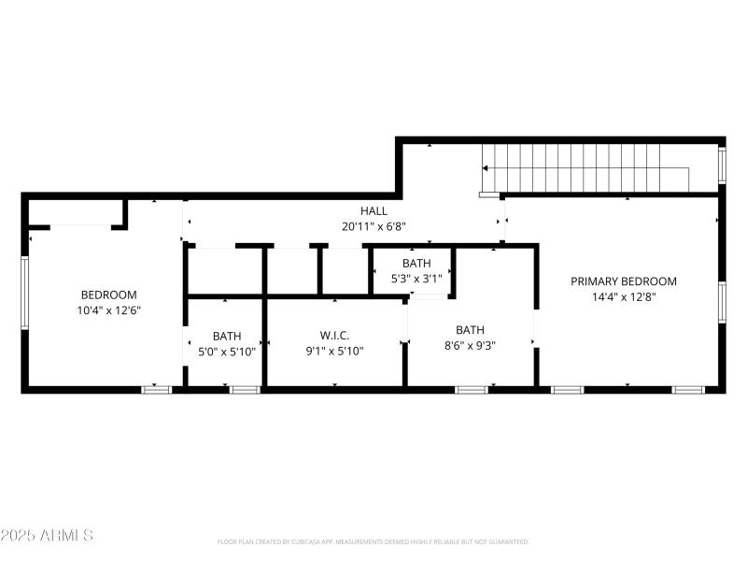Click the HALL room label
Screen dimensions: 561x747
tap(373, 211)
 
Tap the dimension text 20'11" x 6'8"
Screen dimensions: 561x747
tap(373, 226)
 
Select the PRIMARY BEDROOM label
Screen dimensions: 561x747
tap(624, 281)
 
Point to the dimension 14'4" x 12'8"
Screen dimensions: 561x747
tap(624, 297)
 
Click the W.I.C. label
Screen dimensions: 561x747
tap(334, 336)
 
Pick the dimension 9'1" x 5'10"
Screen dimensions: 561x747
tap(334, 352)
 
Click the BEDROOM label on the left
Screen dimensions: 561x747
tap(108, 295)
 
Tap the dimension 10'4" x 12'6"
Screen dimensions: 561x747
tap(108, 310)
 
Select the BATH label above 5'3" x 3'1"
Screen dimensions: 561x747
tap(416, 264)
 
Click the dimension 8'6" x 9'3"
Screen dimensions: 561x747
tap(470, 345)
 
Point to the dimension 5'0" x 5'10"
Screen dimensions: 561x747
tap(227, 352)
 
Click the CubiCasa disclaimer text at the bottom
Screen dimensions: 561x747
tap(373, 542)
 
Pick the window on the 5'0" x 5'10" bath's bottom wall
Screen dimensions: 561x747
tap(245, 389)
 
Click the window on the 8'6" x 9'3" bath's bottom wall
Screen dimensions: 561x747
tap(471, 389)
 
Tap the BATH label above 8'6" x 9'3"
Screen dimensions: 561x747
tap(470, 329)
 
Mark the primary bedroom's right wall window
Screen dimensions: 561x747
tap(722, 302)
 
